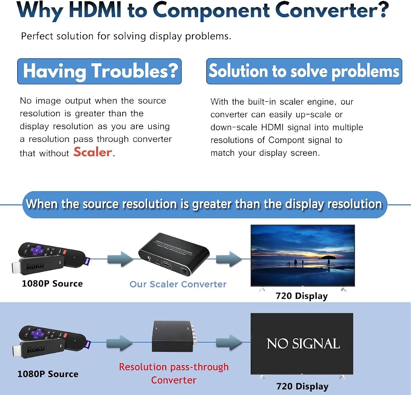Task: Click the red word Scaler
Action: (x=93, y=152)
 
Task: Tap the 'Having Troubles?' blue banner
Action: (x=99, y=71)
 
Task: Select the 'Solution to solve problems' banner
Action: (x=304, y=71)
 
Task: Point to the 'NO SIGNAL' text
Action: (x=303, y=344)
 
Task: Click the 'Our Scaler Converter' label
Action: (x=178, y=284)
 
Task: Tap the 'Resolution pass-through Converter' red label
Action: (x=173, y=373)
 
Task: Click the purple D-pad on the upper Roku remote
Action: (x=37, y=250)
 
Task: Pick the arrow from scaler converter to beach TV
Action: (x=229, y=259)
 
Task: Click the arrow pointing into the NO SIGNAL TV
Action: (x=229, y=342)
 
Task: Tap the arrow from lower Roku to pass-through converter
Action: (x=119, y=342)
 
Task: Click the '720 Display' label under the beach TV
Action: (x=302, y=296)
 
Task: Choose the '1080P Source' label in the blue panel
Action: (x=48, y=374)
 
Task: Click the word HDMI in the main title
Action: (x=95, y=11)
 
